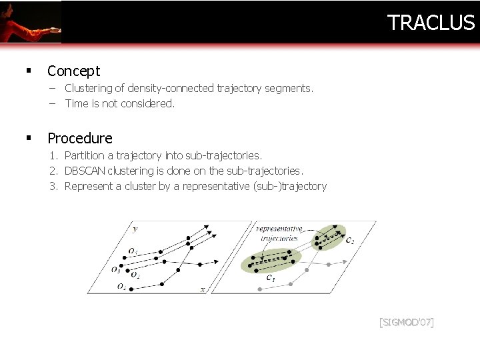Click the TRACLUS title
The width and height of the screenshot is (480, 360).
[x=431, y=23]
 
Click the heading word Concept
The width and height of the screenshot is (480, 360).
[x=73, y=71]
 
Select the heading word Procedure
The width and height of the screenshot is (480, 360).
[x=80, y=138]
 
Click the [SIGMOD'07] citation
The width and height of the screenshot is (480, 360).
[x=406, y=323]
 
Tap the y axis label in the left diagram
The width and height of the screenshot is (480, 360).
[x=135, y=229]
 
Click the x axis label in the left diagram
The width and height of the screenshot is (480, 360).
[x=203, y=289]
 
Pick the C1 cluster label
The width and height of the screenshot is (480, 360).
[x=271, y=277]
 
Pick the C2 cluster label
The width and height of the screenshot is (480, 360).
[x=350, y=240]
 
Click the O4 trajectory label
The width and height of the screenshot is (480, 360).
[x=121, y=287]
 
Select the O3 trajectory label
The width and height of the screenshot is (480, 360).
[x=115, y=270]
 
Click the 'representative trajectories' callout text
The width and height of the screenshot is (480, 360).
[x=279, y=233]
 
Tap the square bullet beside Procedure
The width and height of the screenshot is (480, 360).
[x=29, y=138]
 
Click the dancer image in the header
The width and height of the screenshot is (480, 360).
[x=30, y=21]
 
